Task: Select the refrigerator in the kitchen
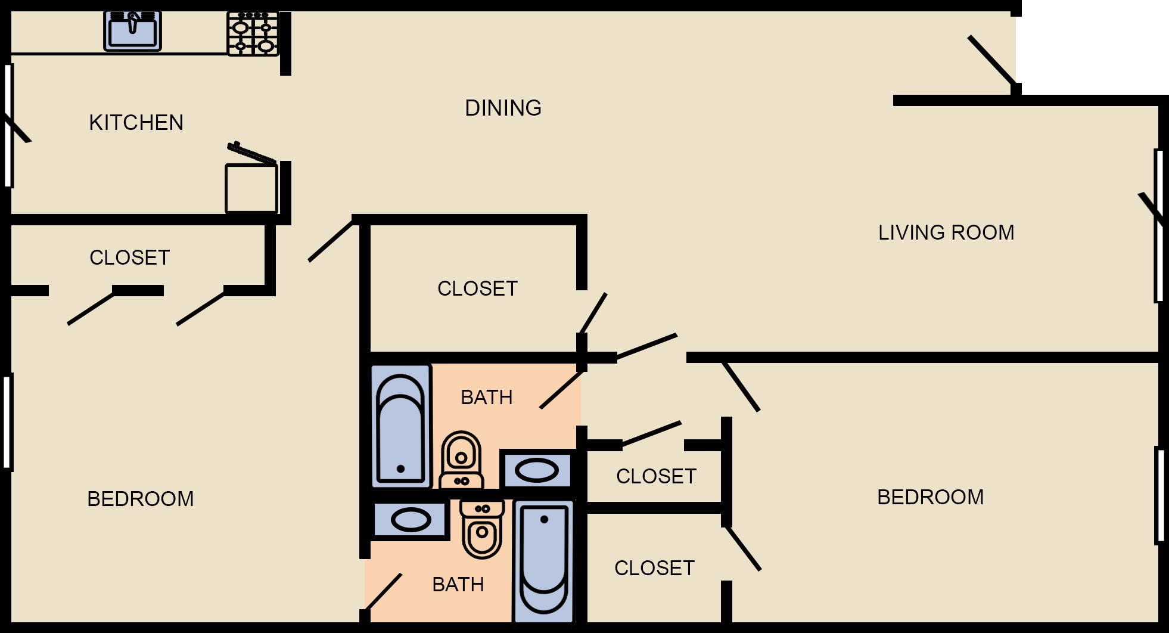pos(251,187)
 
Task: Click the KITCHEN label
pos(136,123)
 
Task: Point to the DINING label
pos(503,108)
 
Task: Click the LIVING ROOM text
pos(946,232)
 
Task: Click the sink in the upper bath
pos(536,471)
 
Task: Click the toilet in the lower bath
pos(482,530)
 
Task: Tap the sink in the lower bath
pos(411,520)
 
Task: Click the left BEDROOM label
pos(141,499)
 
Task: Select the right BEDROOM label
pos(930,497)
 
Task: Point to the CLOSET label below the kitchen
pos(130,257)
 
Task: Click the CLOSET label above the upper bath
pos(477,288)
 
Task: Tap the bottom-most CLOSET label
pos(654,569)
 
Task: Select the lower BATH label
pos(458,585)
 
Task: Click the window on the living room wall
pos(1159,226)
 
